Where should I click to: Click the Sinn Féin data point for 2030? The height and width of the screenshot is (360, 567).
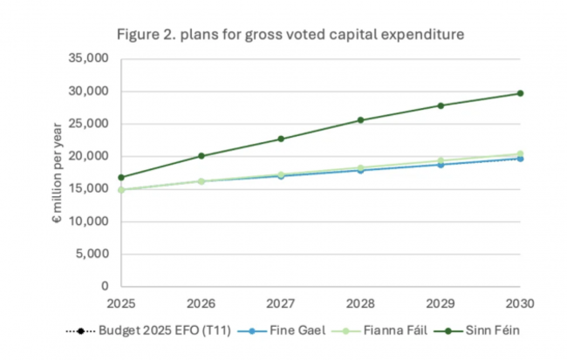(520, 93)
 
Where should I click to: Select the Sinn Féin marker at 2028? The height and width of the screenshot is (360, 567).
(360, 120)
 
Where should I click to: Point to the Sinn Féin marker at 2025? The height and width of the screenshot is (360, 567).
(122, 177)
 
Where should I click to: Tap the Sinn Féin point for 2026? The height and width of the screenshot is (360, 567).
(202, 156)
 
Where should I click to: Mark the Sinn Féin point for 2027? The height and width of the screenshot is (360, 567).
(281, 139)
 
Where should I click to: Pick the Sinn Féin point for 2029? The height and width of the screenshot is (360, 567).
(441, 105)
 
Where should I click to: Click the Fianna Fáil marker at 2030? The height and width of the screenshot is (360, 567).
(520, 153)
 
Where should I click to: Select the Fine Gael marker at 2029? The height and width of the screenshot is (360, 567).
(441, 164)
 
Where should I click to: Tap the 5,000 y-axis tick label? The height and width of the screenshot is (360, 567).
(93, 254)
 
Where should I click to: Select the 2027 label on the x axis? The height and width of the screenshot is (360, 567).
(281, 302)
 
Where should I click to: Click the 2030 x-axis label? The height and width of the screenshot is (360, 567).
(520, 302)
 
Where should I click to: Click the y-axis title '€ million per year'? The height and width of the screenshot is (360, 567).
(58, 173)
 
